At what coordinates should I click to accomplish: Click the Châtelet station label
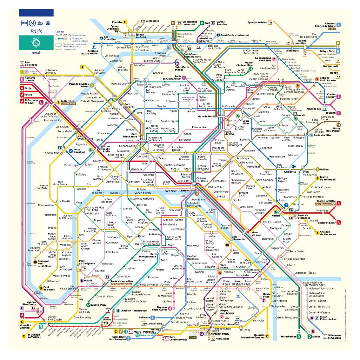click(184, 191)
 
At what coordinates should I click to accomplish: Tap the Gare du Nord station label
click(206, 117)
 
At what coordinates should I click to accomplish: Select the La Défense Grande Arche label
click(68, 103)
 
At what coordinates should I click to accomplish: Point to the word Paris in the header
click(36, 31)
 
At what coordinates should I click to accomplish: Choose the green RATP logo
click(36, 42)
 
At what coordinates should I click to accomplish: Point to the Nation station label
click(276, 216)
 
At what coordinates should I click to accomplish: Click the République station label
click(243, 158)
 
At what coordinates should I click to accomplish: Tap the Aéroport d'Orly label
click(220, 334)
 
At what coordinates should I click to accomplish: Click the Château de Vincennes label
click(328, 233)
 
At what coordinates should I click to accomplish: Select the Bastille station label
click(237, 200)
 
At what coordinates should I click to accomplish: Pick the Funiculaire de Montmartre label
click(188, 98)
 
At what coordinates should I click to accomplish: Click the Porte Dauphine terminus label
click(79, 151)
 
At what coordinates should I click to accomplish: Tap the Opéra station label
click(162, 158)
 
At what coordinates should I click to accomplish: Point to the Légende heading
click(60, 32)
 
